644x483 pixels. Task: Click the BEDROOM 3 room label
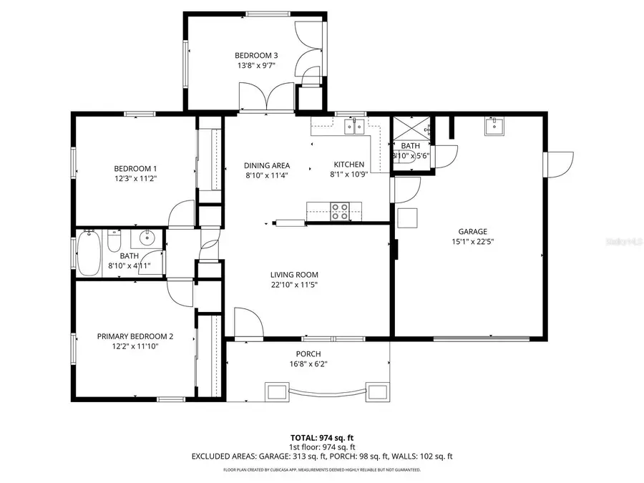click(256, 55)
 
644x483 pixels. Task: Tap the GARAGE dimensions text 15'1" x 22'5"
click(473, 241)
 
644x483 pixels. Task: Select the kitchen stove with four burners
click(339, 211)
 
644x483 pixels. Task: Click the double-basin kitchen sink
click(355, 127)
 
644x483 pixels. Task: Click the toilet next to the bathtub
click(113, 242)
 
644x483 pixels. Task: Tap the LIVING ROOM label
click(294, 275)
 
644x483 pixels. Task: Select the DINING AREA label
click(266, 165)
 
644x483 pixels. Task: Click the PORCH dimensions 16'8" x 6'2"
click(308, 364)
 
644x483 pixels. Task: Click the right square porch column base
click(376, 391)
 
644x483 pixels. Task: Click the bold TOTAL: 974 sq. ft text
click(322, 437)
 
